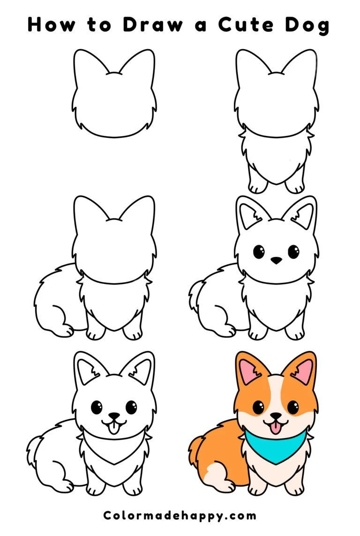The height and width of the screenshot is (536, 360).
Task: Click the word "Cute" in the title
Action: click(247, 24)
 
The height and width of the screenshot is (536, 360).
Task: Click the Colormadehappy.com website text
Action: click(180, 516)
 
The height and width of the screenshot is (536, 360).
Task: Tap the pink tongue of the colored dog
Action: click(276, 427)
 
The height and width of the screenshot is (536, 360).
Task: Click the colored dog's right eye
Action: click(293, 407)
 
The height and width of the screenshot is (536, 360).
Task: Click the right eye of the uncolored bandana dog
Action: click(131, 407)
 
